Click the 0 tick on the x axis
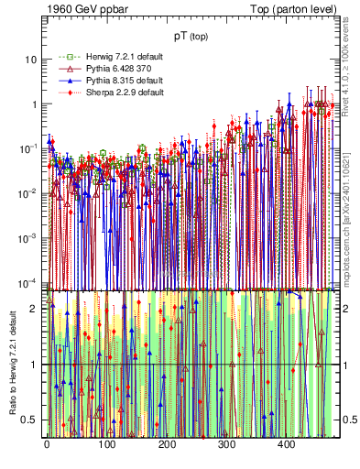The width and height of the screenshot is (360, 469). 47,445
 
